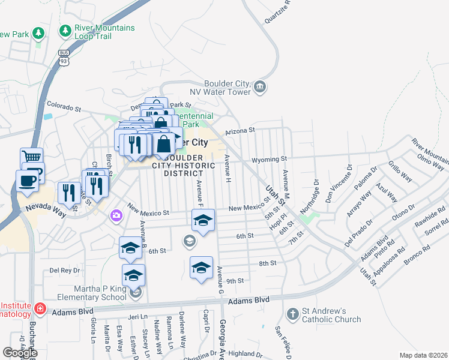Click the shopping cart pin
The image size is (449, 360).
(31, 158)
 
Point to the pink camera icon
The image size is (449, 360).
(115, 214)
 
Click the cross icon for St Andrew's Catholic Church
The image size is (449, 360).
(292, 314)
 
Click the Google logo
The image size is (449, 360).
(20, 353)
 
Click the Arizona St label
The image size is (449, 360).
(240, 130)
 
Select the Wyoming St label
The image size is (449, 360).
(268, 160)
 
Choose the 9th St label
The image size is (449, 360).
(235, 280)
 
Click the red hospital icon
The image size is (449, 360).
(40, 309)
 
